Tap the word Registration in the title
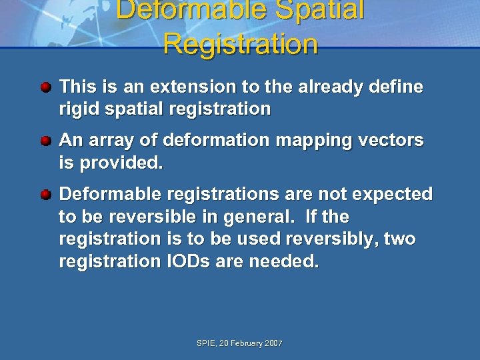point(240,44)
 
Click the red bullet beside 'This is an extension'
point(45,87)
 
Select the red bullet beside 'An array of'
point(45,141)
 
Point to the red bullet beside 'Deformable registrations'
point(45,195)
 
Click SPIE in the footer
point(206,343)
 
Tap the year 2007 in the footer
point(274,343)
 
